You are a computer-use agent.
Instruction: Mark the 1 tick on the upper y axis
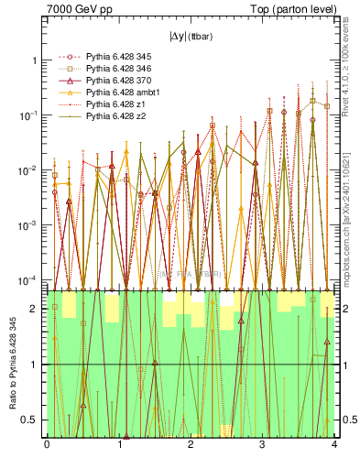(34, 60)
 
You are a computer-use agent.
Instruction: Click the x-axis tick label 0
(47, 446)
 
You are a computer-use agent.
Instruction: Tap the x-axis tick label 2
(190, 446)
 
